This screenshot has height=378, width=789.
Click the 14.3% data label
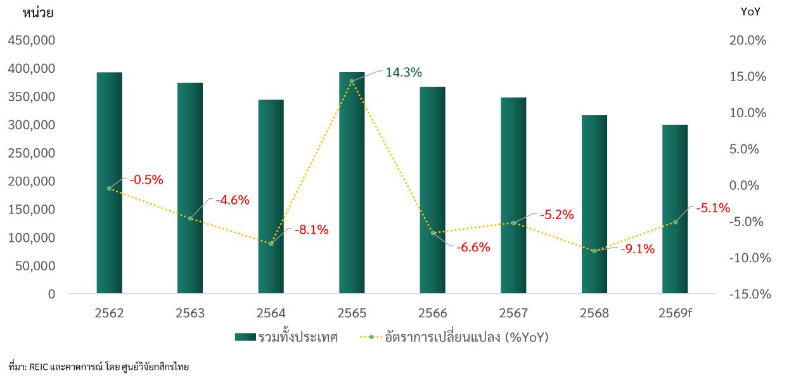(x=403, y=73)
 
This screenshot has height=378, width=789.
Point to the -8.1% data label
(x=311, y=230)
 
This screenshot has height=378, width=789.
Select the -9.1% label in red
(x=637, y=249)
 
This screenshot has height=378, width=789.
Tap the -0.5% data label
(x=146, y=180)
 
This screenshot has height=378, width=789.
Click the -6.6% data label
(x=473, y=248)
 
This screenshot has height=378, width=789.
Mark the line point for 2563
(x=190, y=218)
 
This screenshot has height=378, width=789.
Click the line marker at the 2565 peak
(x=352, y=81)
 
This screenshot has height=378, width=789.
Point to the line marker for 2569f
(x=675, y=222)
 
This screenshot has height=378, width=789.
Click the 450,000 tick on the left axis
(x=32, y=41)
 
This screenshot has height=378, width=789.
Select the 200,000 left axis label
(x=32, y=182)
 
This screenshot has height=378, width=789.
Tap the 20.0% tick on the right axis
(x=748, y=41)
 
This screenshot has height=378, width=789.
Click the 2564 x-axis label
(x=271, y=313)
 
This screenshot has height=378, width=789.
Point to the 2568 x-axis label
(x=594, y=313)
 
